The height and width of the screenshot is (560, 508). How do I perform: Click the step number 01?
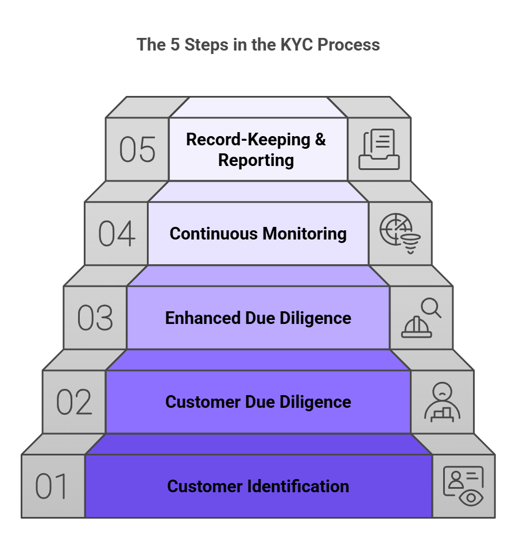coord(52,486)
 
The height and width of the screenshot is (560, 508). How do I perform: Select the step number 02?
coord(74,402)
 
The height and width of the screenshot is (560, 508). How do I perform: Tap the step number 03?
coord(95,318)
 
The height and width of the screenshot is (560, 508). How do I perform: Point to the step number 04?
coord(117,234)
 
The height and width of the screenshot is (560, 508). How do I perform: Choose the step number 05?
coord(137,149)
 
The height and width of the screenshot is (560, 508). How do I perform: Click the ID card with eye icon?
coord(463,486)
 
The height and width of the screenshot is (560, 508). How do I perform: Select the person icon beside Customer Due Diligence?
coord(442,402)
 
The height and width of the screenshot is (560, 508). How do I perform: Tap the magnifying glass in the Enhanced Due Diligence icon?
coord(431,308)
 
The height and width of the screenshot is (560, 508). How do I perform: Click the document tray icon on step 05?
coord(379,149)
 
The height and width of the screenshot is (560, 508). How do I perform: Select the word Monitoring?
coord(304,234)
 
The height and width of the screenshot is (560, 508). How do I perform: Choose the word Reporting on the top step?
coord(256,160)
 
